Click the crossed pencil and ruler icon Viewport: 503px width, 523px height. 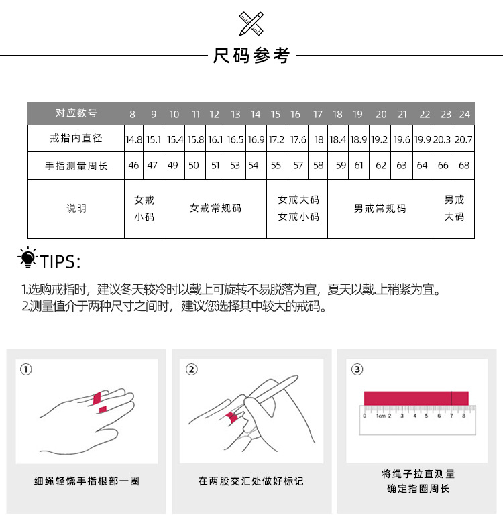(251, 23)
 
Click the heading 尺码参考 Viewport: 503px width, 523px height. (251, 56)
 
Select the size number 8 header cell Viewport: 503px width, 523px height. (133, 114)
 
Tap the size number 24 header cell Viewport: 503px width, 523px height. (465, 114)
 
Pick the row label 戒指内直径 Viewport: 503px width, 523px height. (76, 139)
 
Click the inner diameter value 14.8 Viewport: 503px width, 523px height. (134, 140)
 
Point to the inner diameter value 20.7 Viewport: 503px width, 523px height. (463, 140)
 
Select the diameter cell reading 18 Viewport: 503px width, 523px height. (319, 140)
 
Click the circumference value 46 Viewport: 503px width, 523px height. (134, 166)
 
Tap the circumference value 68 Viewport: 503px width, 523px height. (464, 166)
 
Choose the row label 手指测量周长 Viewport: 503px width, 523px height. (76, 166)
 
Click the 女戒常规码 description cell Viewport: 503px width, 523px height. (215, 209)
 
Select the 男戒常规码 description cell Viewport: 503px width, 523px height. (380, 209)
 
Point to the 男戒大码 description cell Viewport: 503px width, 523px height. (454, 209)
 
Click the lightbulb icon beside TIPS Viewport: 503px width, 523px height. (27, 258)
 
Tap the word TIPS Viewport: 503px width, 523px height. (60, 261)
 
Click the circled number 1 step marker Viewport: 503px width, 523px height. (26, 369)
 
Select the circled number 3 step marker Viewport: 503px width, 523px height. (357, 369)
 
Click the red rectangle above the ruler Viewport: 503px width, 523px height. (416, 398)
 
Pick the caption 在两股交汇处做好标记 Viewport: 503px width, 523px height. (251, 481)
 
